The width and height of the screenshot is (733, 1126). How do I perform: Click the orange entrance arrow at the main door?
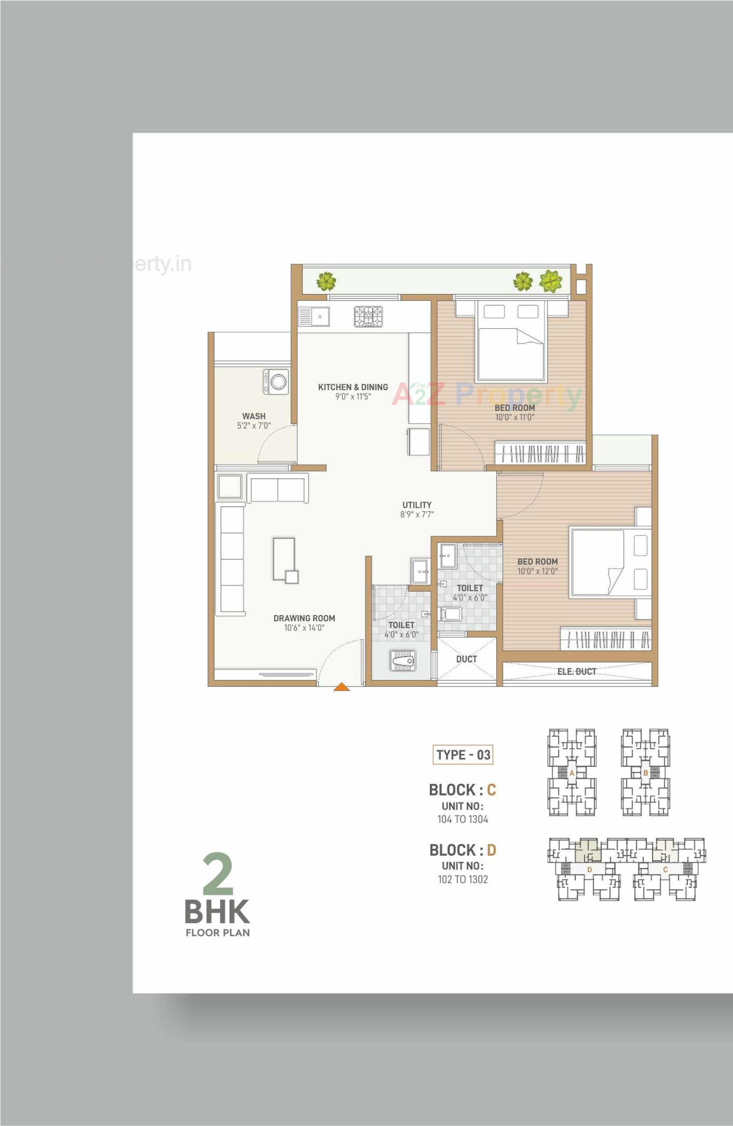click(341, 687)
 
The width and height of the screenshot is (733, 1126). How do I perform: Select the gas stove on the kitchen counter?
click(368, 317)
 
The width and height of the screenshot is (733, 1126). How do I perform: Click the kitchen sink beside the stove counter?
click(313, 317)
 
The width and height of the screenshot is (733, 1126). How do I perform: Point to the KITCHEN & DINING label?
click(353, 387)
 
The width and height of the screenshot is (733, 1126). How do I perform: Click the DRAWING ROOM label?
click(304, 618)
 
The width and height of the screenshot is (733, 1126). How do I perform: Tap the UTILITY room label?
click(417, 505)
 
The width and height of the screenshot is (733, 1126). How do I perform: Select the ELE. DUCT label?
click(576, 671)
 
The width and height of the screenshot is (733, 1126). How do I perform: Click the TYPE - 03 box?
click(463, 755)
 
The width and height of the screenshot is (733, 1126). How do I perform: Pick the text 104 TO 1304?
click(462, 819)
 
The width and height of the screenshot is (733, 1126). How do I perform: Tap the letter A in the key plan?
click(572, 773)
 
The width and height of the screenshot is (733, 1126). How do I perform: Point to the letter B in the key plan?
click(646, 773)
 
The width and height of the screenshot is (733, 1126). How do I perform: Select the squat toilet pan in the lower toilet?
click(403, 660)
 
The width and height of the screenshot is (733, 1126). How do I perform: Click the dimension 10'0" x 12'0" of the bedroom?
click(537, 571)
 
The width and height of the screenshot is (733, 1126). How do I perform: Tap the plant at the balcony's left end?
click(326, 281)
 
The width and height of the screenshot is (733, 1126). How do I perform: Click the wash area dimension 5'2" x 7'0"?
click(254, 426)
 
